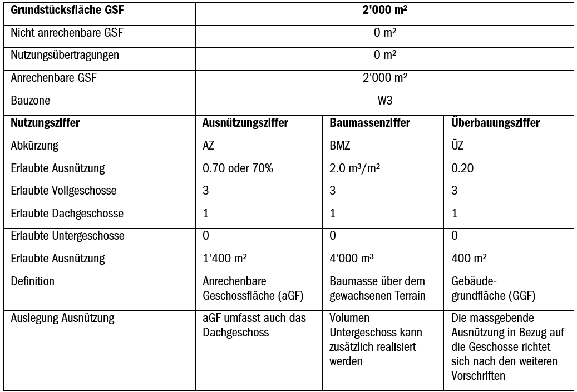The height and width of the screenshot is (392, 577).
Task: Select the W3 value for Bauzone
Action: (384, 101)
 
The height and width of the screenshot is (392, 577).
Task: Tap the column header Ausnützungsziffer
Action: (245, 123)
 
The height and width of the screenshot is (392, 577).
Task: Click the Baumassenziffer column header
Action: (369, 123)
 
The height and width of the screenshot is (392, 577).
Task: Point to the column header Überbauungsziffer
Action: (495, 123)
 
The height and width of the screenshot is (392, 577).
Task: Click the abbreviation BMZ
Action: (339, 146)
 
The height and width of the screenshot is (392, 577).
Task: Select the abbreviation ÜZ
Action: (457, 146)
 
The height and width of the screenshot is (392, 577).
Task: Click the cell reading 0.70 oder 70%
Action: (238, 168)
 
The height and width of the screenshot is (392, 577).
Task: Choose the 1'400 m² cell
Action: (224, 259)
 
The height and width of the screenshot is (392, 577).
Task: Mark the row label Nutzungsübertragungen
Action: (65, 55)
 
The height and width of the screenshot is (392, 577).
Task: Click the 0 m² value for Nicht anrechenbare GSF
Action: (384, 33)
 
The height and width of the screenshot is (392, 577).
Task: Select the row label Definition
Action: (33, 281)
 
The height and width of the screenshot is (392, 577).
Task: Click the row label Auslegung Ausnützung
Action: (62, 319)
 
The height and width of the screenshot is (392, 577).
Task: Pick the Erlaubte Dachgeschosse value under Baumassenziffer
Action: (332, 214)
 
